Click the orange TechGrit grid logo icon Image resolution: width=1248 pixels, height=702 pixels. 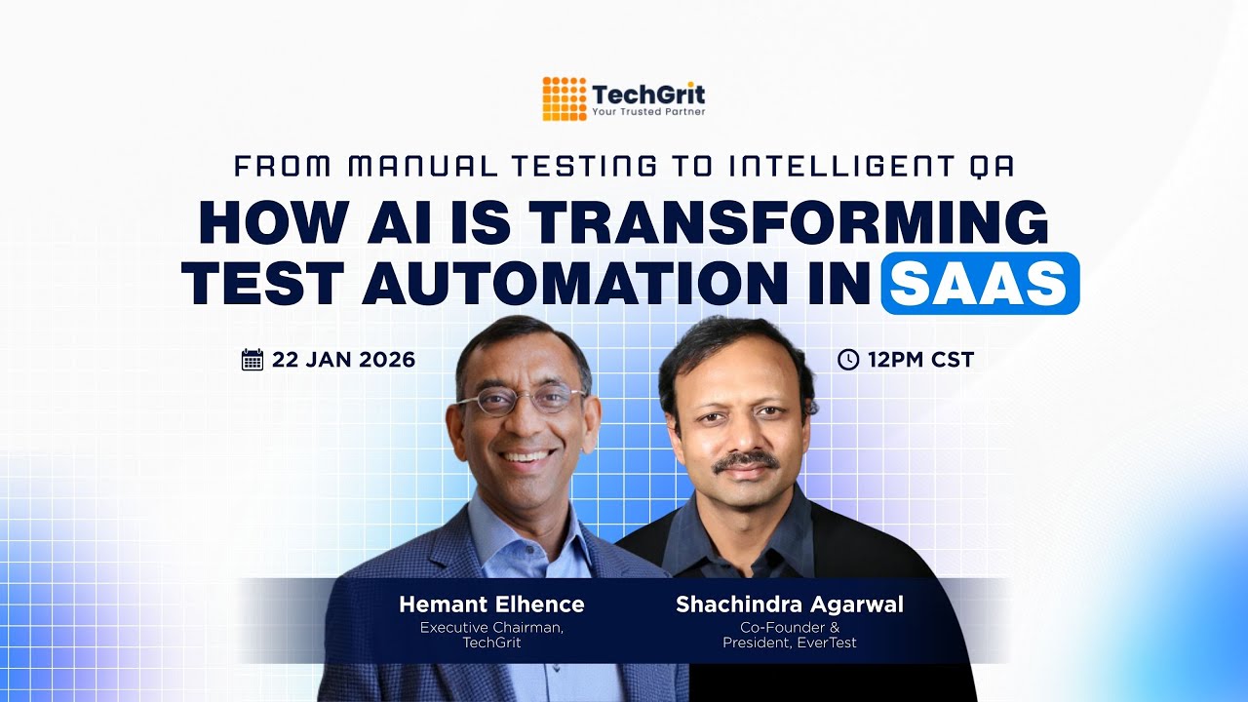click(x=565, y=98)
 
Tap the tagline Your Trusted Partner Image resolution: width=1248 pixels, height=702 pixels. click(x=648, y=112)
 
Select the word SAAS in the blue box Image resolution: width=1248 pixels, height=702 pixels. click(x=980, y=283)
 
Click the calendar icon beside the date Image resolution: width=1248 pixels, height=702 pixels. click(x=253, y=360)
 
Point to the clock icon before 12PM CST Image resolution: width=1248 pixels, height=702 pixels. click(x=848, y=360)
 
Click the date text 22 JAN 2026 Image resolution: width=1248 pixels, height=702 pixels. click(x=343, y=360)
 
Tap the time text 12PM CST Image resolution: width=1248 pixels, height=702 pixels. click(x=920, y=360)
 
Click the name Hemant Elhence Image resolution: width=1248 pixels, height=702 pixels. click(x=491, y=604)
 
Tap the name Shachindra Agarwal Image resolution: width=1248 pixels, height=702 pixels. click(x=790, y=604)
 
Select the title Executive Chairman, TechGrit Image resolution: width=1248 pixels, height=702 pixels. click(x=491, y=635)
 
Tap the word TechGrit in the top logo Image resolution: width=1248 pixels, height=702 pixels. click(x=648, y=95)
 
